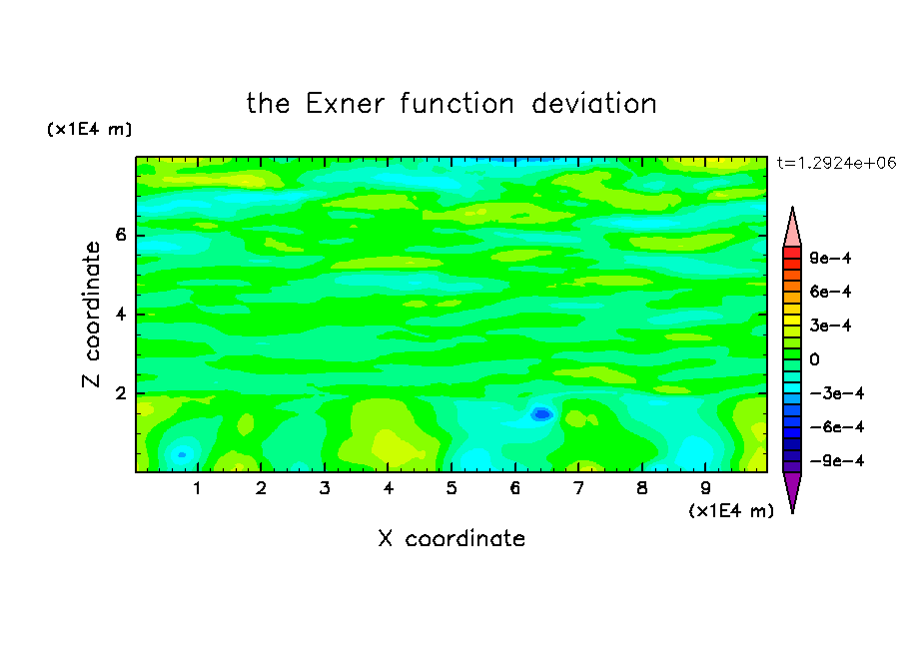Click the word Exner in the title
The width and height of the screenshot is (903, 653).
click(x=345, y=104)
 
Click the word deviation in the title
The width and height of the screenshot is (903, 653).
click(x=593, y=104)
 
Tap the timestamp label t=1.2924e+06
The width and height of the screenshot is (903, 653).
click(x=836, y=164)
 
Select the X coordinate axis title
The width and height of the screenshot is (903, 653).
click(x=451, y=538)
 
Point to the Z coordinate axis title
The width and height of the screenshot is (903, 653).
click(x=92, y=315)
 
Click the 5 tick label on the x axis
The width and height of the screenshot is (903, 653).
click(x=451, y=488)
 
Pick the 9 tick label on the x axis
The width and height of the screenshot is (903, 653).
click(x=705, y=488)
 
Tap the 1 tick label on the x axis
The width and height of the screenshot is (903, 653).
click(x=198, y=488)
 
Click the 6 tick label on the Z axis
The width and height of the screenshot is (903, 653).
click(x=120, y=235)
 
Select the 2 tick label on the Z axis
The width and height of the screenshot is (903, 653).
click(x=120, y=393)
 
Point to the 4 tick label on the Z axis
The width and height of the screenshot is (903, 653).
click(x=120, y=315)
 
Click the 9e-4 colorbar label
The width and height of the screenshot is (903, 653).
click(x=830, y=258)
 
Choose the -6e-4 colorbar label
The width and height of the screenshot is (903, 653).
click(x=837, y=427)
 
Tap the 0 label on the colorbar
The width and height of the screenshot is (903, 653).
click(x=814, y=359)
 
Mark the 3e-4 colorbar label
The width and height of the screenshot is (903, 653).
click(x=830, y=326)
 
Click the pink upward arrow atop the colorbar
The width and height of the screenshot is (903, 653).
click(x=792, y=229)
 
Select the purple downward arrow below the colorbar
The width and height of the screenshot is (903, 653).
click(x=792, y=491)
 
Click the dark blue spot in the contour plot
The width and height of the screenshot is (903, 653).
click(x=541, y=414)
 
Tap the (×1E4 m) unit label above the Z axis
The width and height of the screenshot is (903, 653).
click(x=89, y=129)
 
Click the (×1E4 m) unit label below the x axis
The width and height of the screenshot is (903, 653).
click(x=731, y=511)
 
